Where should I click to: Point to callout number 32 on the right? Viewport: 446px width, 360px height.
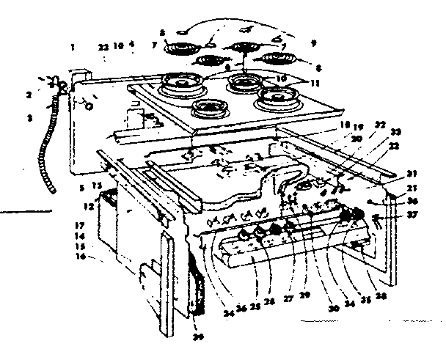click(x=380, y=126)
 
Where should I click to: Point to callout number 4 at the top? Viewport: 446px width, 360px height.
click(x=131, y=45)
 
